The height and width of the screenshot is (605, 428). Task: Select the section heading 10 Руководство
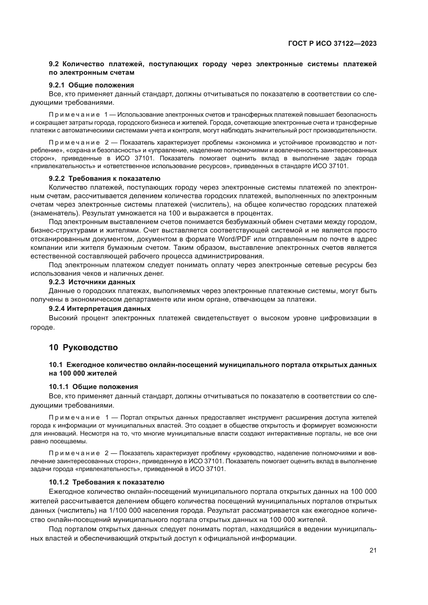(83, 347)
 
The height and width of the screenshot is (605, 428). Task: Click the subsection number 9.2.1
(57, 85)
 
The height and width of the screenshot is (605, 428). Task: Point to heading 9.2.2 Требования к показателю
(105, 179)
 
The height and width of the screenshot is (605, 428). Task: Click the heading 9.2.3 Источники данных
(92, 282)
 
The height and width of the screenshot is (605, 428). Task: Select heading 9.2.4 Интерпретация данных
(100, 308)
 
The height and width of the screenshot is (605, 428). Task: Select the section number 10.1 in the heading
(55, 365)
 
